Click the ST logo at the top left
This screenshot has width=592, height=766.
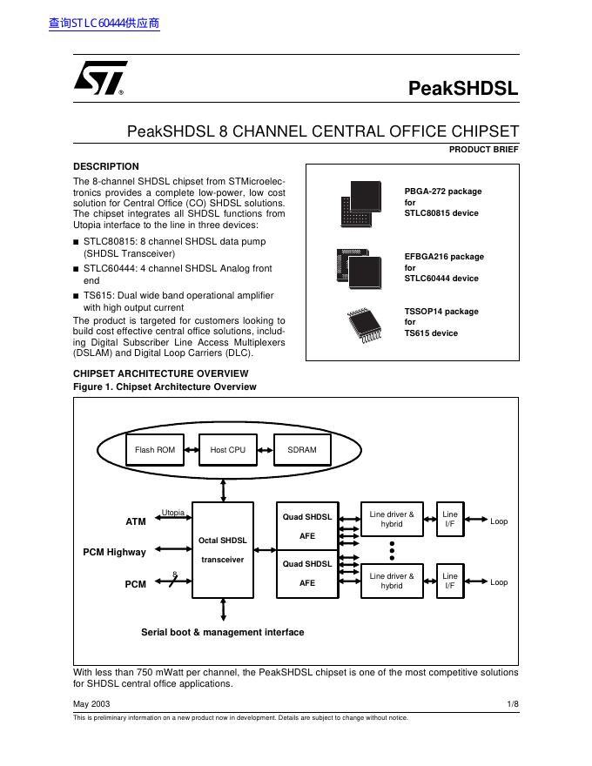click(99, 77)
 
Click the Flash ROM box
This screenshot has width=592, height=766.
click(155, 450)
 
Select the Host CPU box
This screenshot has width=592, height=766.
click(228, 450)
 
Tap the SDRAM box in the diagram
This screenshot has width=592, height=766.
click(302, 450)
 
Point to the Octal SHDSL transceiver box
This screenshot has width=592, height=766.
click(223, 549)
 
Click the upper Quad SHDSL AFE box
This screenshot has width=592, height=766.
click(307, 526)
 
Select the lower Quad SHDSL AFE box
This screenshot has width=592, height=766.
click(307, 574)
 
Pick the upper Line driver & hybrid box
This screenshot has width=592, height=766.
click(392, 520)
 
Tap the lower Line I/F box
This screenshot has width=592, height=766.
click(450, 581)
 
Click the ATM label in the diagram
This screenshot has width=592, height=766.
click(136, 521)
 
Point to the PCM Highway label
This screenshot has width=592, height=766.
click(115, 552)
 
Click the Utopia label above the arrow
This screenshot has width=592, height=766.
click(173, 513)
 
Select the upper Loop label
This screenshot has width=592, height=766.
click(499, 521)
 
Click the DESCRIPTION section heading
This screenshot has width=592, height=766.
click(105, 166)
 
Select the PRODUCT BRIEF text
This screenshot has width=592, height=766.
click(483, 150)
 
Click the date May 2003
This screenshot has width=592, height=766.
click(91, 702)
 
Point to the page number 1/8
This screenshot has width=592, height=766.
click(513, 702)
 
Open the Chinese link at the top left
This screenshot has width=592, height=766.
click(104, 24)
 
